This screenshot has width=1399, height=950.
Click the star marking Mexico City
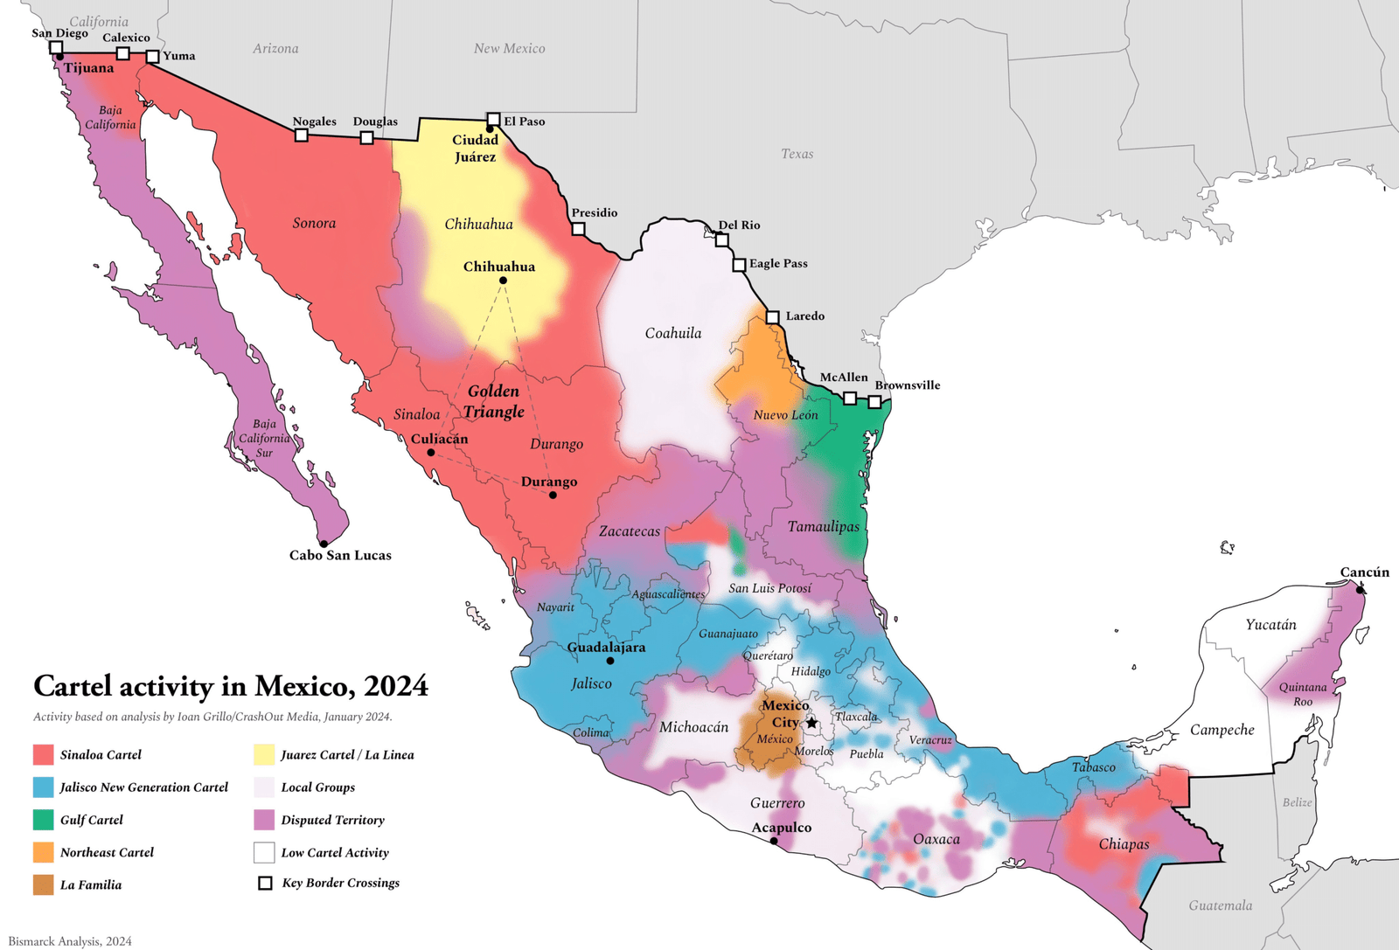click(811, 723)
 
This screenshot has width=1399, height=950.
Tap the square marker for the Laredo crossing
click(772, 317)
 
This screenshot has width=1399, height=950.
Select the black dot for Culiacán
click(431, 453)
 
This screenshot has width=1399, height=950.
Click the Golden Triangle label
click(494, 401)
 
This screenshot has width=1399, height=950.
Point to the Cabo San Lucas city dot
click(324, 544)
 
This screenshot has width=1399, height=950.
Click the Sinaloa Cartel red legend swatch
click(44, 755)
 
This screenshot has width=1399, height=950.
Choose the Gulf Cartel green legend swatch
click(44, 820)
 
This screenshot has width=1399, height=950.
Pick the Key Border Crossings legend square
click(265, 884)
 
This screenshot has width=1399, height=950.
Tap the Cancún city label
click(1364, 572)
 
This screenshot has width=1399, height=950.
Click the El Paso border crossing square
click(493, 119)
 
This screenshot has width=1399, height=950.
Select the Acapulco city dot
click(774, 842)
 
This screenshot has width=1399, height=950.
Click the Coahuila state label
click(672, 333)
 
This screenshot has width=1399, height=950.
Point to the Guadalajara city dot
click(610, 661)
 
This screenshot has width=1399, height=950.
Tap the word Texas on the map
click(797, 154)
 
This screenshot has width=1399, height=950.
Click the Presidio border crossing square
click(578, 229)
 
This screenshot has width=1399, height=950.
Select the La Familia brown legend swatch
click(44, 884)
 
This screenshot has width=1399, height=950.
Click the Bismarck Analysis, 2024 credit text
click(70, 941)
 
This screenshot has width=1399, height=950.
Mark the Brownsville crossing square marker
click(874, 402)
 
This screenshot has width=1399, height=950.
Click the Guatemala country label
click(1220, 905)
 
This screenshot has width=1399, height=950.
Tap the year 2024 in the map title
click(396, 686)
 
